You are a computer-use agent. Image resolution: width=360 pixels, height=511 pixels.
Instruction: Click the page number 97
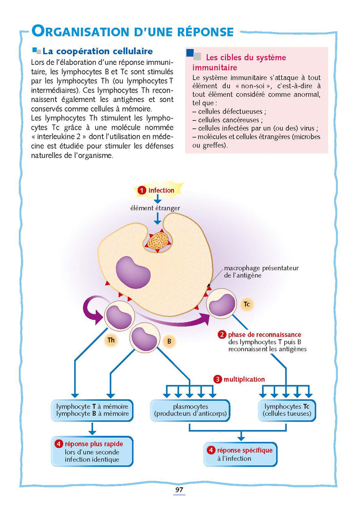[x=179, y=489]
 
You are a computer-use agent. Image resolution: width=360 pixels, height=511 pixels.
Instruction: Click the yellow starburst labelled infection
[x=156, y=190]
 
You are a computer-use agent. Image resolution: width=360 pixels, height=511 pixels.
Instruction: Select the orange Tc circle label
[x=246, y=304]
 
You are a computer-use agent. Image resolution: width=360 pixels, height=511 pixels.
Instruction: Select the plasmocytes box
[x=190, y=410]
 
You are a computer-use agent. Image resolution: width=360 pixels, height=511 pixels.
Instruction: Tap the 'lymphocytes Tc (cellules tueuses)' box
[x=287, y=410]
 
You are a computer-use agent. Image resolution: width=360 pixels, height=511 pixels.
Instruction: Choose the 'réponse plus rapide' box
[x=93, y=451]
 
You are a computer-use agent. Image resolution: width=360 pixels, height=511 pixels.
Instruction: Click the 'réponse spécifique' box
[x=240, y=454]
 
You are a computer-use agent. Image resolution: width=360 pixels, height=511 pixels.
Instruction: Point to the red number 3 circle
[x=218, y=379]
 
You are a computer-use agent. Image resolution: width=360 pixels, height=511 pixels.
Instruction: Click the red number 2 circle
[x=222, y=334]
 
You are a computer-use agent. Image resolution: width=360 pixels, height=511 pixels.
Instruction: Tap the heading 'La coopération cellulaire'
[x=97, y=51]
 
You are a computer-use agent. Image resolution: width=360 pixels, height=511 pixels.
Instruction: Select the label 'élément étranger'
[x=158, y=207]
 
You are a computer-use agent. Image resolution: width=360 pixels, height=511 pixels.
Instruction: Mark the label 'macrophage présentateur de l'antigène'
[x=261, y=272]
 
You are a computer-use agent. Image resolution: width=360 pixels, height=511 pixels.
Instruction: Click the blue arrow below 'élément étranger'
[x=158, y=219]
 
